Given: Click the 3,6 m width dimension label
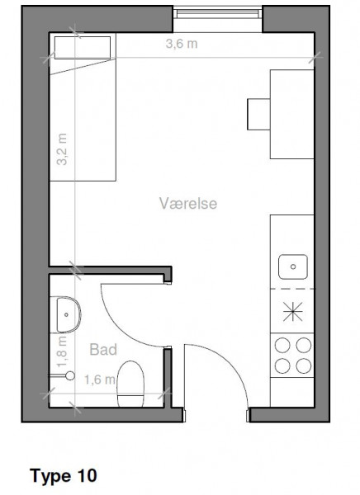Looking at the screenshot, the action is point(182,44).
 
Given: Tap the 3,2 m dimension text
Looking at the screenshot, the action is point(62,149).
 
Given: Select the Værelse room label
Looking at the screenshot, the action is point(188,203).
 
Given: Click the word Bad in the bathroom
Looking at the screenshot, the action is point(103,350).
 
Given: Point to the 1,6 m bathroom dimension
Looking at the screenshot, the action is point(99,379).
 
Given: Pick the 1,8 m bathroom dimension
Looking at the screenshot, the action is point(62,351).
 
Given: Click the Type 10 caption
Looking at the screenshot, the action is point(64,476).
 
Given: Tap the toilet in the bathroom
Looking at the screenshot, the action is point(130,384).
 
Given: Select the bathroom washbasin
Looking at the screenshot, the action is point(69,314).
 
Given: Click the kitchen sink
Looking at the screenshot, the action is point(293,266).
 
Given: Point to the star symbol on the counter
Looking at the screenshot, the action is point(292,312).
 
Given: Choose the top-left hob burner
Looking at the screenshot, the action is point(282,345).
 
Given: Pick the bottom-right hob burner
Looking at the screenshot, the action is point(303,366).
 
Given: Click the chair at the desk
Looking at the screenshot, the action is point(258,115).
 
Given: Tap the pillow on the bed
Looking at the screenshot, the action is point(83,48).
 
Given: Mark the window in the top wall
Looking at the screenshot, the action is point(218,13).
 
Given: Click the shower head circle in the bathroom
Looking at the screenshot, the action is point(70,375).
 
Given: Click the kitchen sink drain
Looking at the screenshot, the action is point(293,266).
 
